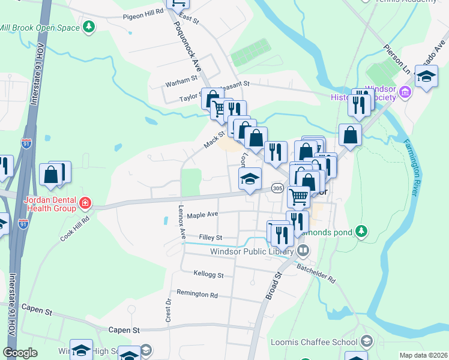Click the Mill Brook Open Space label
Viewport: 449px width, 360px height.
(x=39, y=28)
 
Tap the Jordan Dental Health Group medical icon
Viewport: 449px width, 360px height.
(x=85, y=203)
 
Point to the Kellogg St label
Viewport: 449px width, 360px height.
(x=208, y=275)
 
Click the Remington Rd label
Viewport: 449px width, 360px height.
(x=197, y=295)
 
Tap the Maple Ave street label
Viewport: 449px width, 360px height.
(x=202, y=214)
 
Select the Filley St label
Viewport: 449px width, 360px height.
(x=210, y=238)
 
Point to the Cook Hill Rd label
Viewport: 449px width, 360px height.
(x=74, y=229)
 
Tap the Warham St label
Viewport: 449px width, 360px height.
(x=182, y=79)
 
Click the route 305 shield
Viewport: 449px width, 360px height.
(x=277, y=188)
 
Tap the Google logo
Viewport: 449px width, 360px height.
(x=20, y=353)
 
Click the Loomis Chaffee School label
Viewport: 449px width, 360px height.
(x=323, y=342)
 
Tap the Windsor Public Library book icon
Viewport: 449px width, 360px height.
(x=304, y=250)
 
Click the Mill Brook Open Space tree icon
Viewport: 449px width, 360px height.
(x=89, y=26)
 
